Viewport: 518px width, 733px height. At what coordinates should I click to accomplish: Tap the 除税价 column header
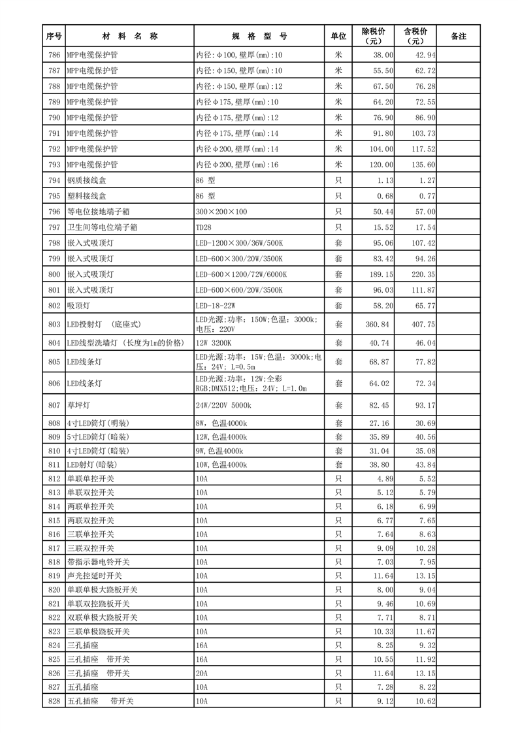tap(374, 36)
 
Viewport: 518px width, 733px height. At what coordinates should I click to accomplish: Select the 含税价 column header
tap(415, 36)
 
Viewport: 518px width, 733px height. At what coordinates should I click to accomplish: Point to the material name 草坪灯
tap(77, 406)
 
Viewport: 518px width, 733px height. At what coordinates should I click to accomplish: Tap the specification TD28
tap(203, 227)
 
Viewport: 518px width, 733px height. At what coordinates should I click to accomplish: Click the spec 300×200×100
tap(221, 212)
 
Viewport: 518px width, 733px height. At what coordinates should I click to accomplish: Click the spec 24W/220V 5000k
tap(225, 406)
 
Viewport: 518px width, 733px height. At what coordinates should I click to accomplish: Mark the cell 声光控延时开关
tap(95, 576)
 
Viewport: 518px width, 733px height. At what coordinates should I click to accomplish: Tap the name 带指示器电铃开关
tap(99, 562)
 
